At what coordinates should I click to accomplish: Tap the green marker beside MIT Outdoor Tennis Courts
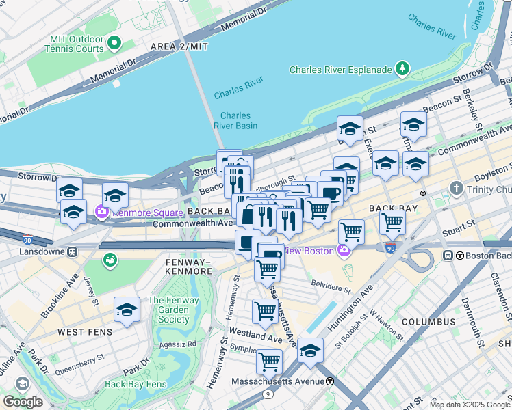pyautogui.click(x=114, y=44)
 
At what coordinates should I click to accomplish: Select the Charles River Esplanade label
pyautogui.click(x=340, y=70)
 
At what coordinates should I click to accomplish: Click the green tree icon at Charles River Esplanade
pyautogui.click(x=402, y=69)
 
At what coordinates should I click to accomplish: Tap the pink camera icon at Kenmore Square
pyautogui.click(x=102, y=212)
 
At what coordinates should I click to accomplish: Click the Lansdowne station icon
pyautogui.click(x=73, y=251)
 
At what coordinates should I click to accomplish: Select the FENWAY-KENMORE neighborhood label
pyautogui.click(x=188, y=266)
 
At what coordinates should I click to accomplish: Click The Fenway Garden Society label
pyautogui.click(x=168, y=310)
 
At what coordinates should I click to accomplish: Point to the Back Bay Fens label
pyautogui.click(x=136, y=384)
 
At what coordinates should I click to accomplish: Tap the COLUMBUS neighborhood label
pyautogui.click(x=428, y=321)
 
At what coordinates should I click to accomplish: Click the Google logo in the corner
pyautogui.click(x=23, y=402)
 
